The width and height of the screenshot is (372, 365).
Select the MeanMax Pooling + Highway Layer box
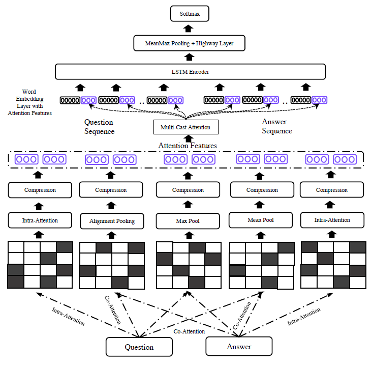coord(189,43)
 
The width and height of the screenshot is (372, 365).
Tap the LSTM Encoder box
coord(189,72)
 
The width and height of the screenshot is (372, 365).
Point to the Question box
coord(139,347)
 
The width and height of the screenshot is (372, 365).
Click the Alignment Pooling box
coord(111,221)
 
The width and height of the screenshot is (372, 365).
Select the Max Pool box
coord(188,221)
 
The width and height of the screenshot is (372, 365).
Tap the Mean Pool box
coord(262,220)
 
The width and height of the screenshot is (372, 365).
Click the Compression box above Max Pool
coord(188,190)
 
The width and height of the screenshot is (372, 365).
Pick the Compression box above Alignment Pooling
coord(111,190)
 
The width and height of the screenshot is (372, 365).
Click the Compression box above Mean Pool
coord(262,190)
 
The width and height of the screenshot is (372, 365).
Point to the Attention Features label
coord(188,146)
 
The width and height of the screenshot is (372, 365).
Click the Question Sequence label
coord(99,127)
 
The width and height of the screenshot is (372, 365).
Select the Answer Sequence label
coord(277,126)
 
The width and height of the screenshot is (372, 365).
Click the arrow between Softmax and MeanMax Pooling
coord(189,29)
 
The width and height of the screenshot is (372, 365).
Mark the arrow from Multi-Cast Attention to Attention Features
coord(189,138)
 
